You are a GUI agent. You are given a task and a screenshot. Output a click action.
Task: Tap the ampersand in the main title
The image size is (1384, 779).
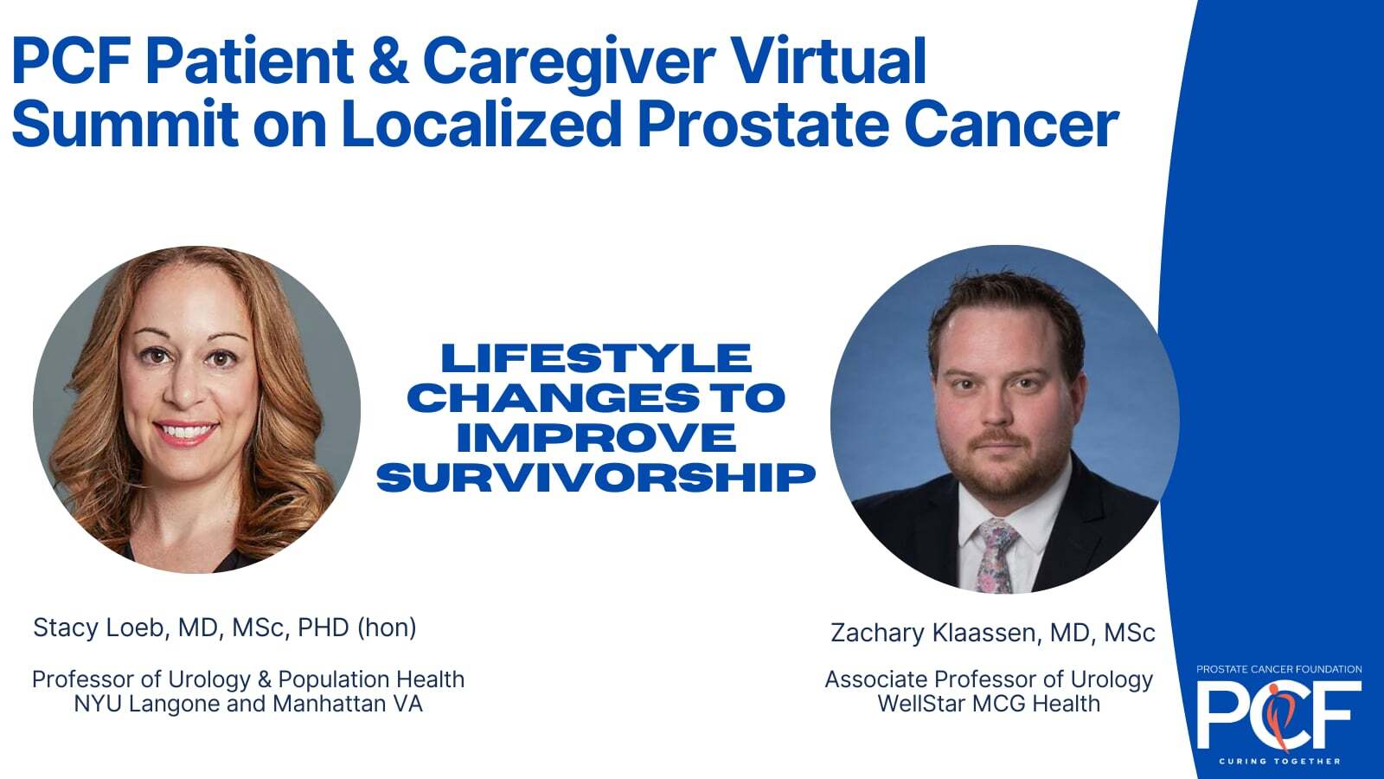pyautogui.click(x=388, y=61)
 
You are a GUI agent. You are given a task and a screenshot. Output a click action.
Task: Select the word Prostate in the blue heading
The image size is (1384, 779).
pyautogui.click(x=763, y=124)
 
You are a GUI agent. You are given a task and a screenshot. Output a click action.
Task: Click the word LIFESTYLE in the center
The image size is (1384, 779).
pyautogui.click(x=596, y=358)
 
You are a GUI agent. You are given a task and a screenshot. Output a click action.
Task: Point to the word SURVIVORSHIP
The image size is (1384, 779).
pyautogui.click(x=596, y=477)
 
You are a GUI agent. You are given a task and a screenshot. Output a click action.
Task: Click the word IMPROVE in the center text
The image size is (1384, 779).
pyautogui.click(x=596, y=438)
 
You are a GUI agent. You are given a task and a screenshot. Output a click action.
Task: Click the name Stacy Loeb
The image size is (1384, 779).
pyautogui.click(x=100, y=628)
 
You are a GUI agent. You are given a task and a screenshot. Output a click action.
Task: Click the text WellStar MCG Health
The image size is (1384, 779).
pyautogui.click(x=989, y=704)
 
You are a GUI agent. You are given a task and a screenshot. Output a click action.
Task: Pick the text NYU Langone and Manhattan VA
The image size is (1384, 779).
pyautogui.click(x=248, y=704)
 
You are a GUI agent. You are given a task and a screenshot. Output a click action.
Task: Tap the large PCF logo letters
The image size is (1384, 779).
pyautogui.click(x=1279, y=714)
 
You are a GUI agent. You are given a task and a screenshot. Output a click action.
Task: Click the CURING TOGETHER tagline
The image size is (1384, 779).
pyautogui.click(x=1279, y=761)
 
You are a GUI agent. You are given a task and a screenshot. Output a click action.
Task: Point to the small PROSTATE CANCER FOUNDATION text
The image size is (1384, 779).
pyautogui.click(x=1279, y=669)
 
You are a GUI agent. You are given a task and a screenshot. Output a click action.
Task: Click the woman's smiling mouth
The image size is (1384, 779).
pyautogui.click(x=185, y=432)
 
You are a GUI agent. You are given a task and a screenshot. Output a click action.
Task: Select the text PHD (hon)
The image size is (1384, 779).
pyautogui.click(x=357, y=628)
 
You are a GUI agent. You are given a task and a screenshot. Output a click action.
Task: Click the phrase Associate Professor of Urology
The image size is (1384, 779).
pyautogui.click(x=989, y=679)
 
